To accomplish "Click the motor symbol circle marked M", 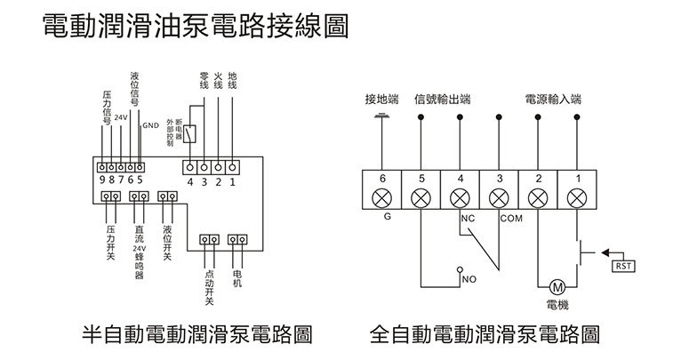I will [x=557, y=287].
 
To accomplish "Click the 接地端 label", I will [x=382, y=99].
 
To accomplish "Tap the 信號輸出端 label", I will [x=442, y=99].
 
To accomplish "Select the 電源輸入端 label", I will [x=553, y=99].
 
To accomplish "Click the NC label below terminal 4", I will [x=469, y=218].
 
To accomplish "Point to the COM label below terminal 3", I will [x=512, y=218].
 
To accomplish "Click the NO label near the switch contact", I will [x=469, y=278].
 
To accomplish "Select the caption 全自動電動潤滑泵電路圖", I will [x=485, y=335].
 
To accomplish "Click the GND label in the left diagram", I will [x=150, y=126].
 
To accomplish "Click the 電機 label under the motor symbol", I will [x=557, y=304].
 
